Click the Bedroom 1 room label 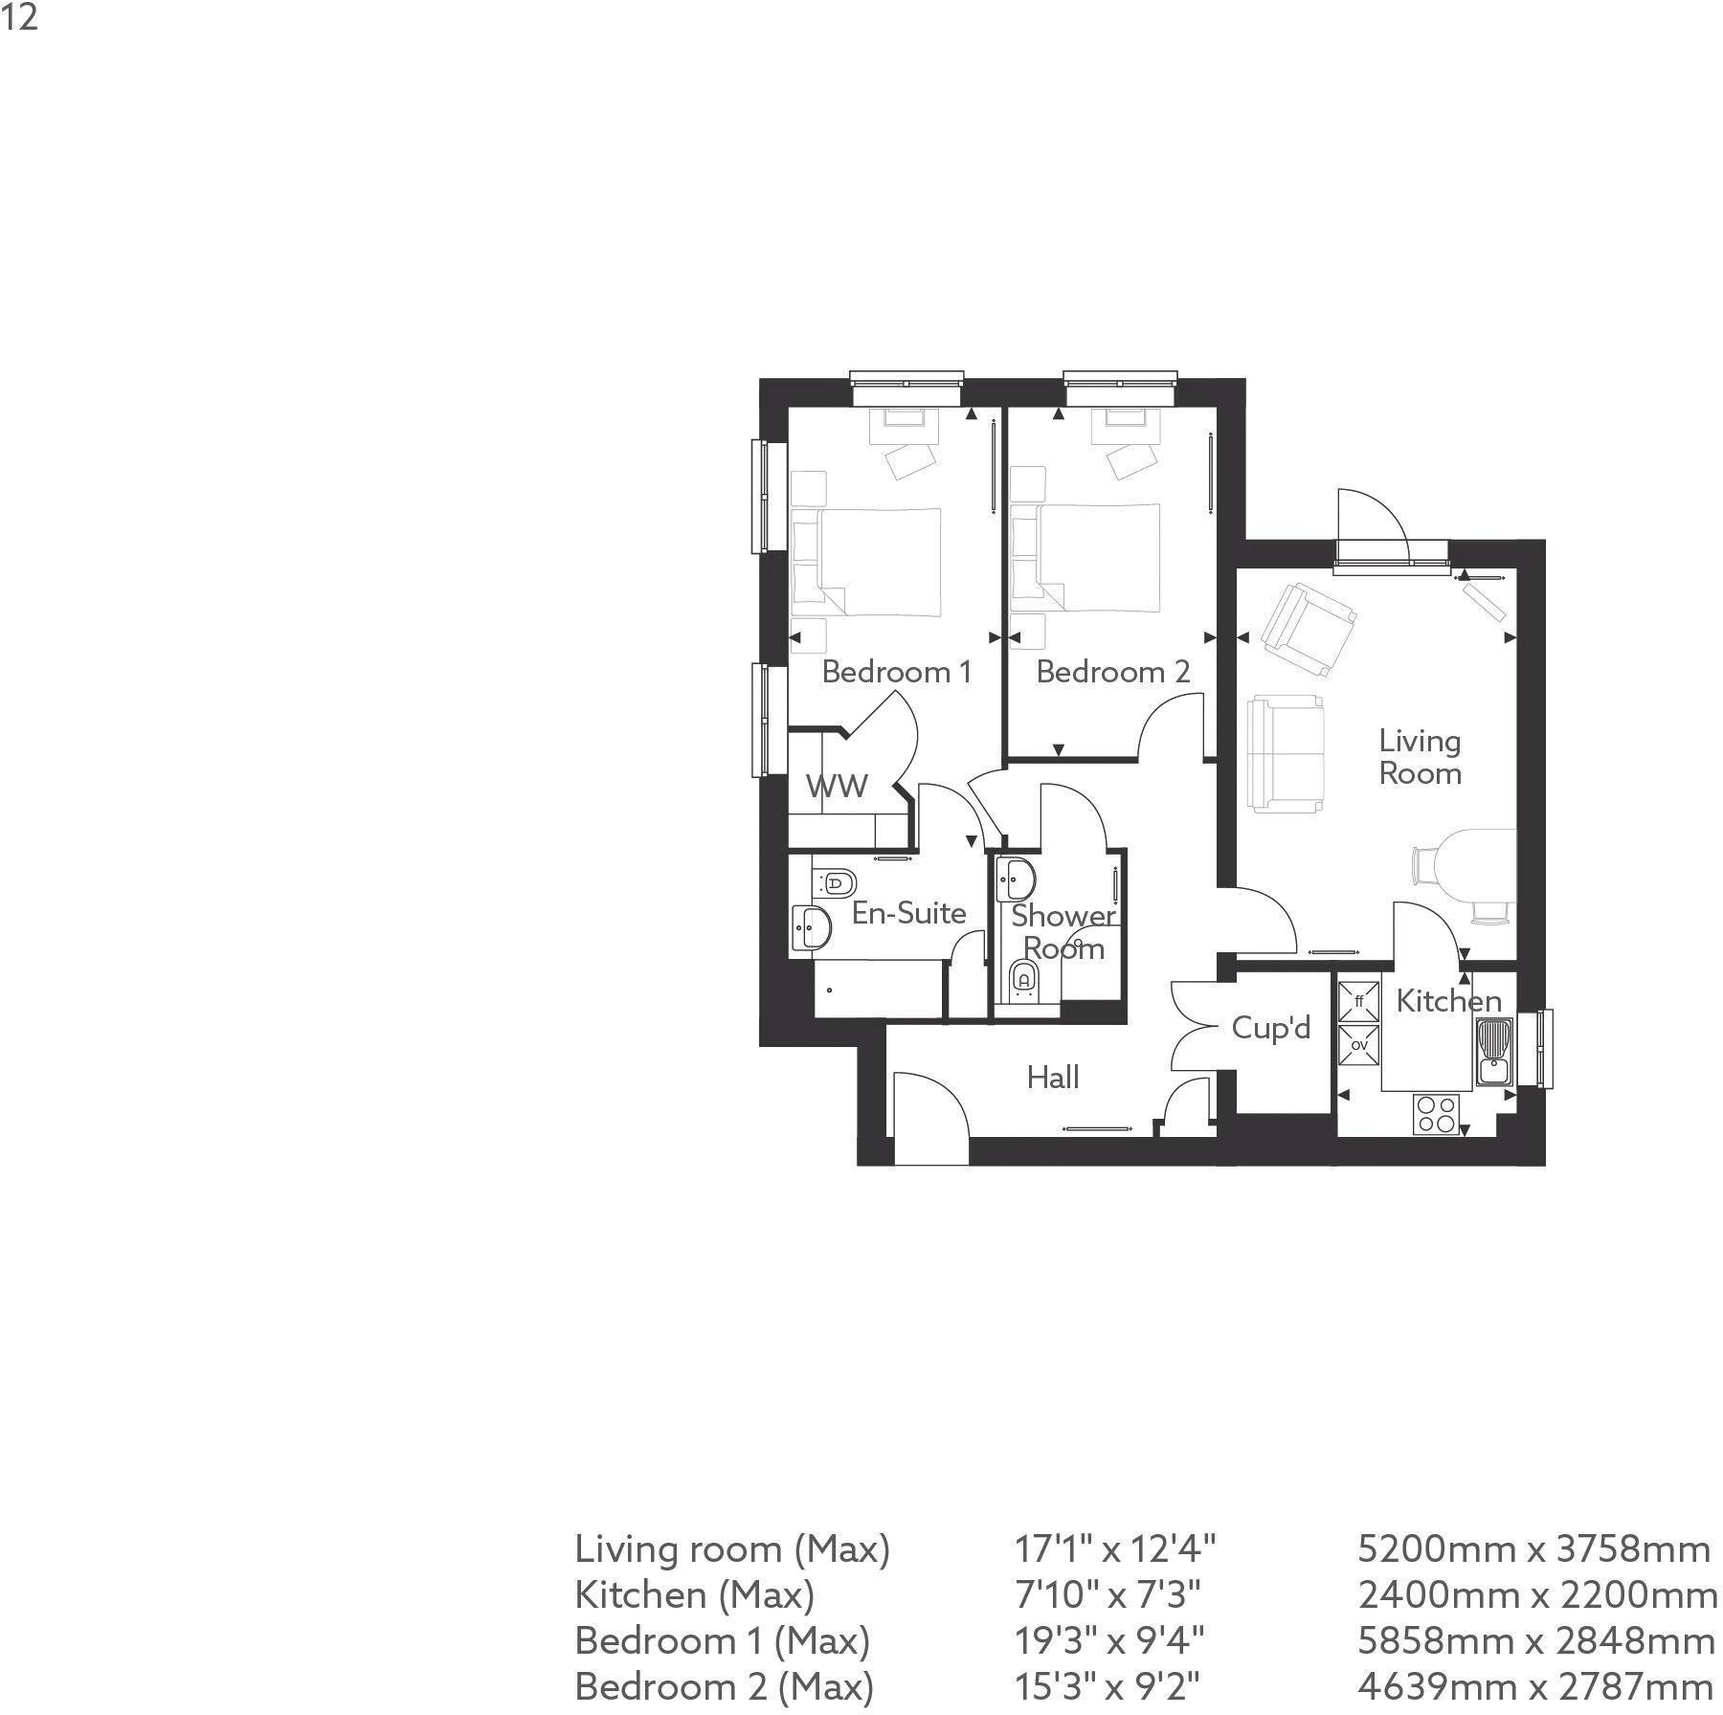(x=896, y=672)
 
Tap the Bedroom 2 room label (x=1112, y=672)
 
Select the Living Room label (x=1420, y=757)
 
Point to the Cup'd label (x=1270, y=1028)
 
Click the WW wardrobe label (x=837, y=787)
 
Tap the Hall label (x=1052, y=1078)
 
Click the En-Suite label (x=908, y=913)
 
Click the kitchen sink (x=1493, y=1051)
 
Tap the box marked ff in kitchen (x=1358, y=1002)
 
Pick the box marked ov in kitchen (x=1358, y=1045)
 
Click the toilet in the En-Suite (x=836, y=881)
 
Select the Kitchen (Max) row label (x=694, y=1594)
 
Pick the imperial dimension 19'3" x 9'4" (x=1108, y=1640)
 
